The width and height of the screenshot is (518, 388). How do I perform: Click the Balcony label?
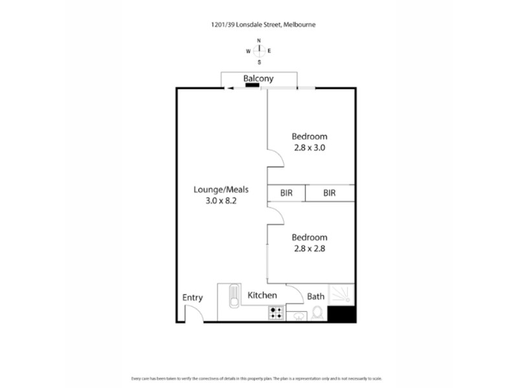tap(258, 79)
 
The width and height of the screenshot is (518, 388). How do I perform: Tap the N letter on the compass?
tap(259, 40)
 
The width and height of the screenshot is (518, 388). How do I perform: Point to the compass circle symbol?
tap(259, 51)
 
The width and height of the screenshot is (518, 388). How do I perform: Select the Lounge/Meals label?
tap(221, 190)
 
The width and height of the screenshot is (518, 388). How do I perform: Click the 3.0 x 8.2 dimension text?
tap(221, 200)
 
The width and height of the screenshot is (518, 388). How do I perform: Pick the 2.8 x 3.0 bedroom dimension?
tap(309, 147)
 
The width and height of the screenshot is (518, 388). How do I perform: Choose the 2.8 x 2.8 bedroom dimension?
tap(309, 248)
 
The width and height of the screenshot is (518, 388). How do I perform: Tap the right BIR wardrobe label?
tap(329, 193)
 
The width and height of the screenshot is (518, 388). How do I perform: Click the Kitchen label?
tap(262, 296)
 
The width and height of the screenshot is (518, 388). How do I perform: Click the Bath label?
tap(315, 297)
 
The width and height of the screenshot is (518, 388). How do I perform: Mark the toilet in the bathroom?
tap(317, 314)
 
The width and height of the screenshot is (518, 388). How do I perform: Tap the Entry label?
tap(192, 298)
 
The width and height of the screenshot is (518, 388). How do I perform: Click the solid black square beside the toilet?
tap(341, 314)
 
